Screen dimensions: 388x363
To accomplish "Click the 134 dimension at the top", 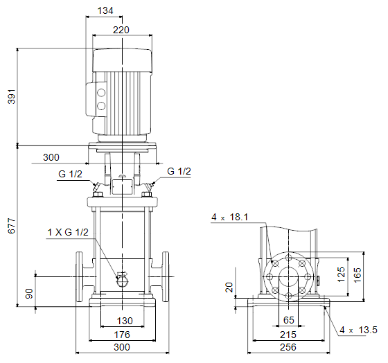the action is tap(105, 10).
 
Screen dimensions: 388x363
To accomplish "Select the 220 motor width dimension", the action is tap(121, 30).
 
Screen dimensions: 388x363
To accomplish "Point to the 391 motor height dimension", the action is tap(12, 96).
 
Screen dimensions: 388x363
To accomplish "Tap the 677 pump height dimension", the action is tap(12, 226).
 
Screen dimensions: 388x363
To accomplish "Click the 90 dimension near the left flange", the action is tap(29, 294).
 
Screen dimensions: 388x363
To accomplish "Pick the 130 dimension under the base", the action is tap(125, 321).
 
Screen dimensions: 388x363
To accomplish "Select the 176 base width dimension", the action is tap(122, 335).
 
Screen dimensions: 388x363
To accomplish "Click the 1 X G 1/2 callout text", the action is tap(68, 232).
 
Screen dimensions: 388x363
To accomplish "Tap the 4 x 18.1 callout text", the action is tap(229, 218).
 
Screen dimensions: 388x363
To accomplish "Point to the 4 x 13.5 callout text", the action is tap(359, 330).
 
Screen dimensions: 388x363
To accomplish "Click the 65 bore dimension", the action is tap(288, 320).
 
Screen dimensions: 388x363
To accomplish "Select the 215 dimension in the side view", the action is tap(288, 335).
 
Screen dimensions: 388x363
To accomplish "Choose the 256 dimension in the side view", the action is tap(288, 347).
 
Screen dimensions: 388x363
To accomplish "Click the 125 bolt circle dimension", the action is tap(341, 274).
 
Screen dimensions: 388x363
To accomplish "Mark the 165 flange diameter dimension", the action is tap(358, 275).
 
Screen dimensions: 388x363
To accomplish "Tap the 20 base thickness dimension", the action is tap(229, 287).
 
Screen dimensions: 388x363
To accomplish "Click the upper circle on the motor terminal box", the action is tap(101, 93).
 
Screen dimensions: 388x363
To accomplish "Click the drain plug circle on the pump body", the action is tap(122, 281).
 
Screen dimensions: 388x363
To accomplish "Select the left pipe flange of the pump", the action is tap(79, 276).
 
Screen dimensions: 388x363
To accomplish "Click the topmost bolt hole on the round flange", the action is tap(288, 258).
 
